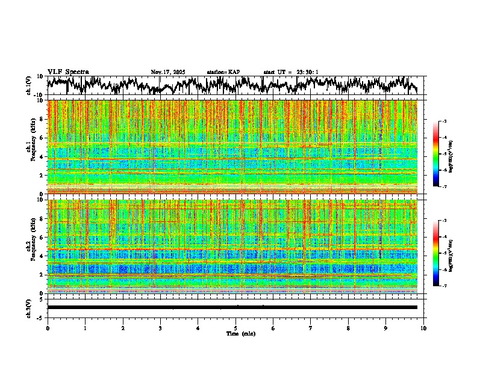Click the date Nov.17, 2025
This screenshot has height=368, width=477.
(x=168, y=72)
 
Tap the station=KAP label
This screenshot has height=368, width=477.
(x=223, y=72)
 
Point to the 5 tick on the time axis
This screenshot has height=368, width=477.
(x=235, y=328)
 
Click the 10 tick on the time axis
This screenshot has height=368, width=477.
(x=423, y=328)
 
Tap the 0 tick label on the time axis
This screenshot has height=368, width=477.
(x=48, y=328)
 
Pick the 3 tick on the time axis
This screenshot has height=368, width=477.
(x=160, y=328)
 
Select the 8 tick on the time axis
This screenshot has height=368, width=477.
(x=348, y=328)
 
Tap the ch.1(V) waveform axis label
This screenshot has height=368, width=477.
(x=30, y=85)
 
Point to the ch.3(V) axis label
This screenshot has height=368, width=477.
(x=30, y=307)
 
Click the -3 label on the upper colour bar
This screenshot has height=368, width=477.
(x=444, y=121)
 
